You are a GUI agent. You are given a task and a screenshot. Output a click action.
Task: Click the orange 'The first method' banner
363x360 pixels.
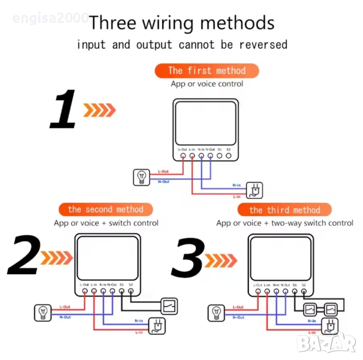tap(206, 71)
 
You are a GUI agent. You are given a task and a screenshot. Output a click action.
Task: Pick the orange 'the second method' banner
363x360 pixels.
tap(106, 209)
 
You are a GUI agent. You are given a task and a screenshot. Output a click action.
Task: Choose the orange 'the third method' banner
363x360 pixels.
tap(285, 210)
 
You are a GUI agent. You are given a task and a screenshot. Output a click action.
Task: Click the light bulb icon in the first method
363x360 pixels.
tap(142, 176)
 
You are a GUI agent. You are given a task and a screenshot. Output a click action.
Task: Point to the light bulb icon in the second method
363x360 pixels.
tap(43, 312)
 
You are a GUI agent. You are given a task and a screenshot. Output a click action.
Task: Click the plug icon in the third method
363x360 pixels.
tap(329, 326)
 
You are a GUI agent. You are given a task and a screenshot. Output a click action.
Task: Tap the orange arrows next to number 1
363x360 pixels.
tap(99, 110)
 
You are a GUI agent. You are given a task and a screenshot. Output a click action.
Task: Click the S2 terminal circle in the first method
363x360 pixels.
tap(228, 157)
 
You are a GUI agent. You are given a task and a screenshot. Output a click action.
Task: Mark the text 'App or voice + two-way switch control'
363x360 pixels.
tap(285, 223)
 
